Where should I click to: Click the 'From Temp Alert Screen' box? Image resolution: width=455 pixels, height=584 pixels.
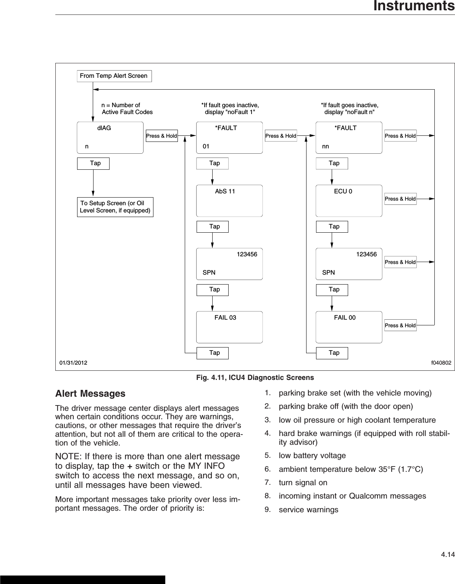tap(114, 76)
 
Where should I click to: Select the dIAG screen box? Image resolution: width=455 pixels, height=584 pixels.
tap(110, 138)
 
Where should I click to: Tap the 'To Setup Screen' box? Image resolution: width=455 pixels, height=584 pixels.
tap(115, 207)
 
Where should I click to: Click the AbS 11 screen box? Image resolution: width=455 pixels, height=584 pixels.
tap(229, 201)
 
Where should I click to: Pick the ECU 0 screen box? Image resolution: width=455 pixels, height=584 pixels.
tap(349, 201)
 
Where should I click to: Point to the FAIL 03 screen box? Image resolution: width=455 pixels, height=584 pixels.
tap(229, 327)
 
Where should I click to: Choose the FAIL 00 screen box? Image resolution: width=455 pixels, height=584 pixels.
tap(349, 327)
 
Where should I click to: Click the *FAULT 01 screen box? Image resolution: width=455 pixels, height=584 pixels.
tap(229, 138)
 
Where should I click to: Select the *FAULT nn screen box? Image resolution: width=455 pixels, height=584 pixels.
tap(349, 138)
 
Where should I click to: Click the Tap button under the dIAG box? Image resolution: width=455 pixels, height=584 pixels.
tap(93, 163)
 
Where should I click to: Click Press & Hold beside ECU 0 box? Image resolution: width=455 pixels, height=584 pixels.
tap(400, 199)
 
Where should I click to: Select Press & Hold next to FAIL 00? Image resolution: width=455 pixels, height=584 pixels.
tap(400, 325)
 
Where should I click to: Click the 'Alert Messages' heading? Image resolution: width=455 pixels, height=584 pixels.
tap(90, 393)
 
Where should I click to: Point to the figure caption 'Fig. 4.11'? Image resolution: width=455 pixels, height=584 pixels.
tap(255, 378)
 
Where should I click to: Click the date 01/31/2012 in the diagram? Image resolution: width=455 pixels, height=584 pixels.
tap(73, 363)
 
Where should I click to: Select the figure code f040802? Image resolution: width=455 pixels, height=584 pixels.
tap(441, 363)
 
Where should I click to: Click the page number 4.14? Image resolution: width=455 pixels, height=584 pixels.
tap(448, 554)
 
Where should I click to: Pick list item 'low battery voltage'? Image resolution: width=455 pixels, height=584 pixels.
tap(312, 455)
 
